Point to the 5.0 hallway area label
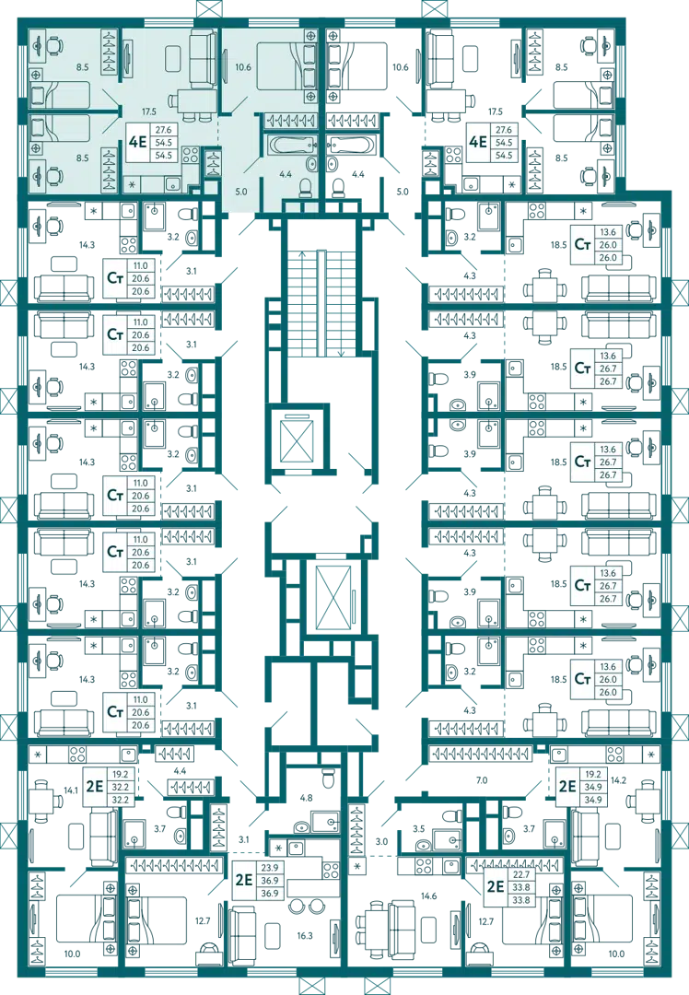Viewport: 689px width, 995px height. (x=242, y=192)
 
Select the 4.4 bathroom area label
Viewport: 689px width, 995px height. (x=286, y=173)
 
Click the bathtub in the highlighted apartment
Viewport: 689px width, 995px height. (x=291, y=144)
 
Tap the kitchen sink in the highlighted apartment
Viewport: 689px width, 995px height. (x=171, y=183)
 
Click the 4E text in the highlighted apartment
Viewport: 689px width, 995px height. (x=138, y=143)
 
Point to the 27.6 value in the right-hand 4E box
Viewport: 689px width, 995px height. (x=504, y=131)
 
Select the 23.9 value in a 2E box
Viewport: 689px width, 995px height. (x=270, y=868)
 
